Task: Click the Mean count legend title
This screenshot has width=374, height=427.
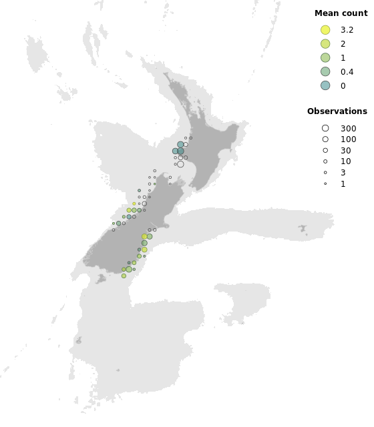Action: click(341, 13)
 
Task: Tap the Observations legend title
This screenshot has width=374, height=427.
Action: click(337, 111)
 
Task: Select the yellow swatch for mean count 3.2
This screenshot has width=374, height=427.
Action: click(325, 30)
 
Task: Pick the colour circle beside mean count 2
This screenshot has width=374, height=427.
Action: click(325, 44)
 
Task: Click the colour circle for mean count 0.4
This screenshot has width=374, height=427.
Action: click(325, 71)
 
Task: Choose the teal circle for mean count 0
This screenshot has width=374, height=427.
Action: click(325, 85)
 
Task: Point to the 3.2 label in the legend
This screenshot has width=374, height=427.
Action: click(347, 30)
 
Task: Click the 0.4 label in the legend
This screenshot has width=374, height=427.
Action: click(347, 71)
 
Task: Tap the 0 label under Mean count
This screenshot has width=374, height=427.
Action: click(343, 85)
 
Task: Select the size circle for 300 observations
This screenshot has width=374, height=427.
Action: click(325, 128)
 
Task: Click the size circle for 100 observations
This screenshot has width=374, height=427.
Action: click(325, 139)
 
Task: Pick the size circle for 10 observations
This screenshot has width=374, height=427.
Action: click(325, 161)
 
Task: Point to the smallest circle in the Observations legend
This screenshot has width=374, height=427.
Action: click(325, 183)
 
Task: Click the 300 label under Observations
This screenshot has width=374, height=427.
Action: click(348, 128)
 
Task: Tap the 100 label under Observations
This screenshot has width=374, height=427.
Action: click(348, 139)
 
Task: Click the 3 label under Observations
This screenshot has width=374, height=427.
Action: click(343, 173)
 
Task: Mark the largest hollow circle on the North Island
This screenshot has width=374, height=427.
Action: click(180, 164)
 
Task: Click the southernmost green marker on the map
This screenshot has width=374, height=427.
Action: click(124, 276)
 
